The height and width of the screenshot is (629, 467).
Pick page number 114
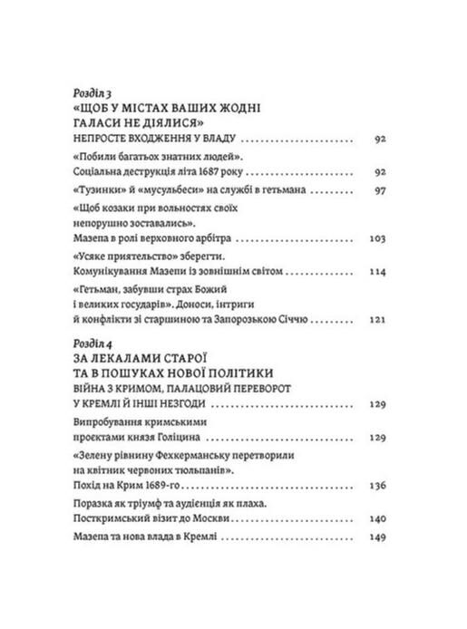(x=379, y=271)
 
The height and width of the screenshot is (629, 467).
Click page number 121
(x=380, y=320)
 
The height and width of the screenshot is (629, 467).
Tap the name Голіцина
(x=183, y=436)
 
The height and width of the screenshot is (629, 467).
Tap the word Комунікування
(x=112, y=271)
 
